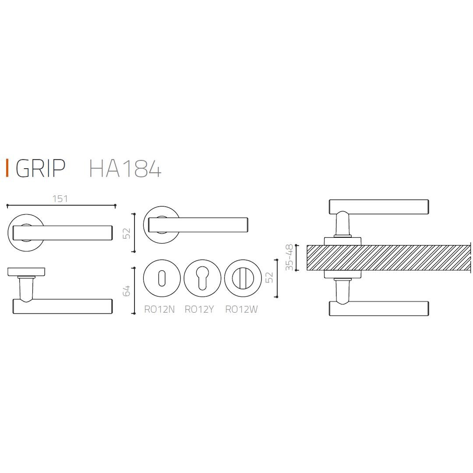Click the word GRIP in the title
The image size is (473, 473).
[40, 168]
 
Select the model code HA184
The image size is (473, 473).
[125, 168]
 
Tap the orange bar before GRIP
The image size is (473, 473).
[7, 168]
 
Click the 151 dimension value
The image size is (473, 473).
[60, 199]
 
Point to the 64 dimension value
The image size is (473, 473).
[127, 290]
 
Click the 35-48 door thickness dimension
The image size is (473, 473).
[289, 258]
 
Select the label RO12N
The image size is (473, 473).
[159, 310]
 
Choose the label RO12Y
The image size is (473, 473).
[199, 310]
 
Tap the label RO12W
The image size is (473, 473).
[241, 310]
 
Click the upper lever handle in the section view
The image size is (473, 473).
[378, 207]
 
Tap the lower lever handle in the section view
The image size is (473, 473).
[378, 308]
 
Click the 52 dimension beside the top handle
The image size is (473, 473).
[127, 233]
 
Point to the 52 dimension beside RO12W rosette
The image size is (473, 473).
[269, 278]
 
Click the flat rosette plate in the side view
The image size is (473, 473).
[26, 272]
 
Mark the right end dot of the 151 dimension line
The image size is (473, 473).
[115, 205]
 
